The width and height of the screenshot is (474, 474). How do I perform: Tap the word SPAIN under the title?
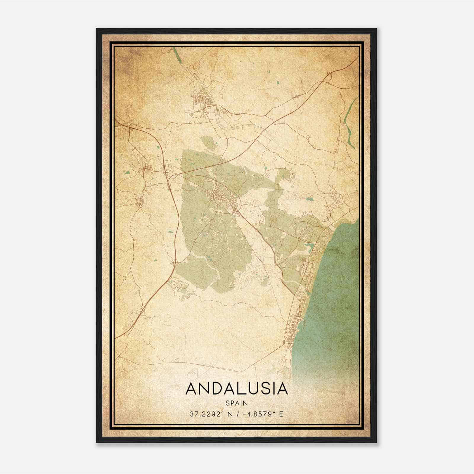[236, 403]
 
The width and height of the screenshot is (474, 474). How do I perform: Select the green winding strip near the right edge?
[349, 124]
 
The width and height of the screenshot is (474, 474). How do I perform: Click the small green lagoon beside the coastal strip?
[310, 246]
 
